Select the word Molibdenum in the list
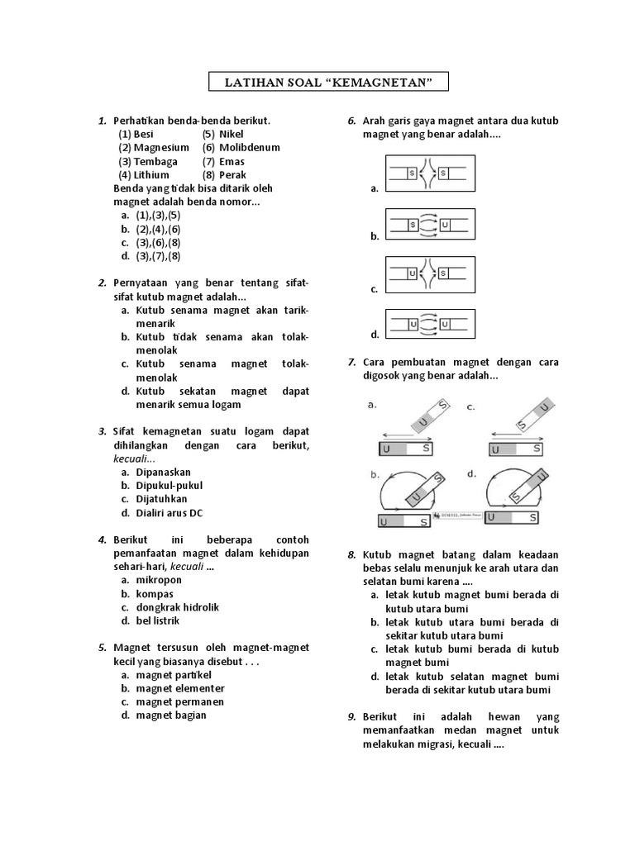click(250, 147)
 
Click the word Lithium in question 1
click(150, 175)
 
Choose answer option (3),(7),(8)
click(158, 256)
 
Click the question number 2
click(101, 283)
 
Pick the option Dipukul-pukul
click(169, 486)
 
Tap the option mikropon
click(159, 580)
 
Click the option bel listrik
click(158, 620)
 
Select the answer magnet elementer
click(180, 688)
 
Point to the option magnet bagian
click(171, 715)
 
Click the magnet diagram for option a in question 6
click(430, 173)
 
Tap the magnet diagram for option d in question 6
click(430, 325)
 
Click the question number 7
click(351, 363)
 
